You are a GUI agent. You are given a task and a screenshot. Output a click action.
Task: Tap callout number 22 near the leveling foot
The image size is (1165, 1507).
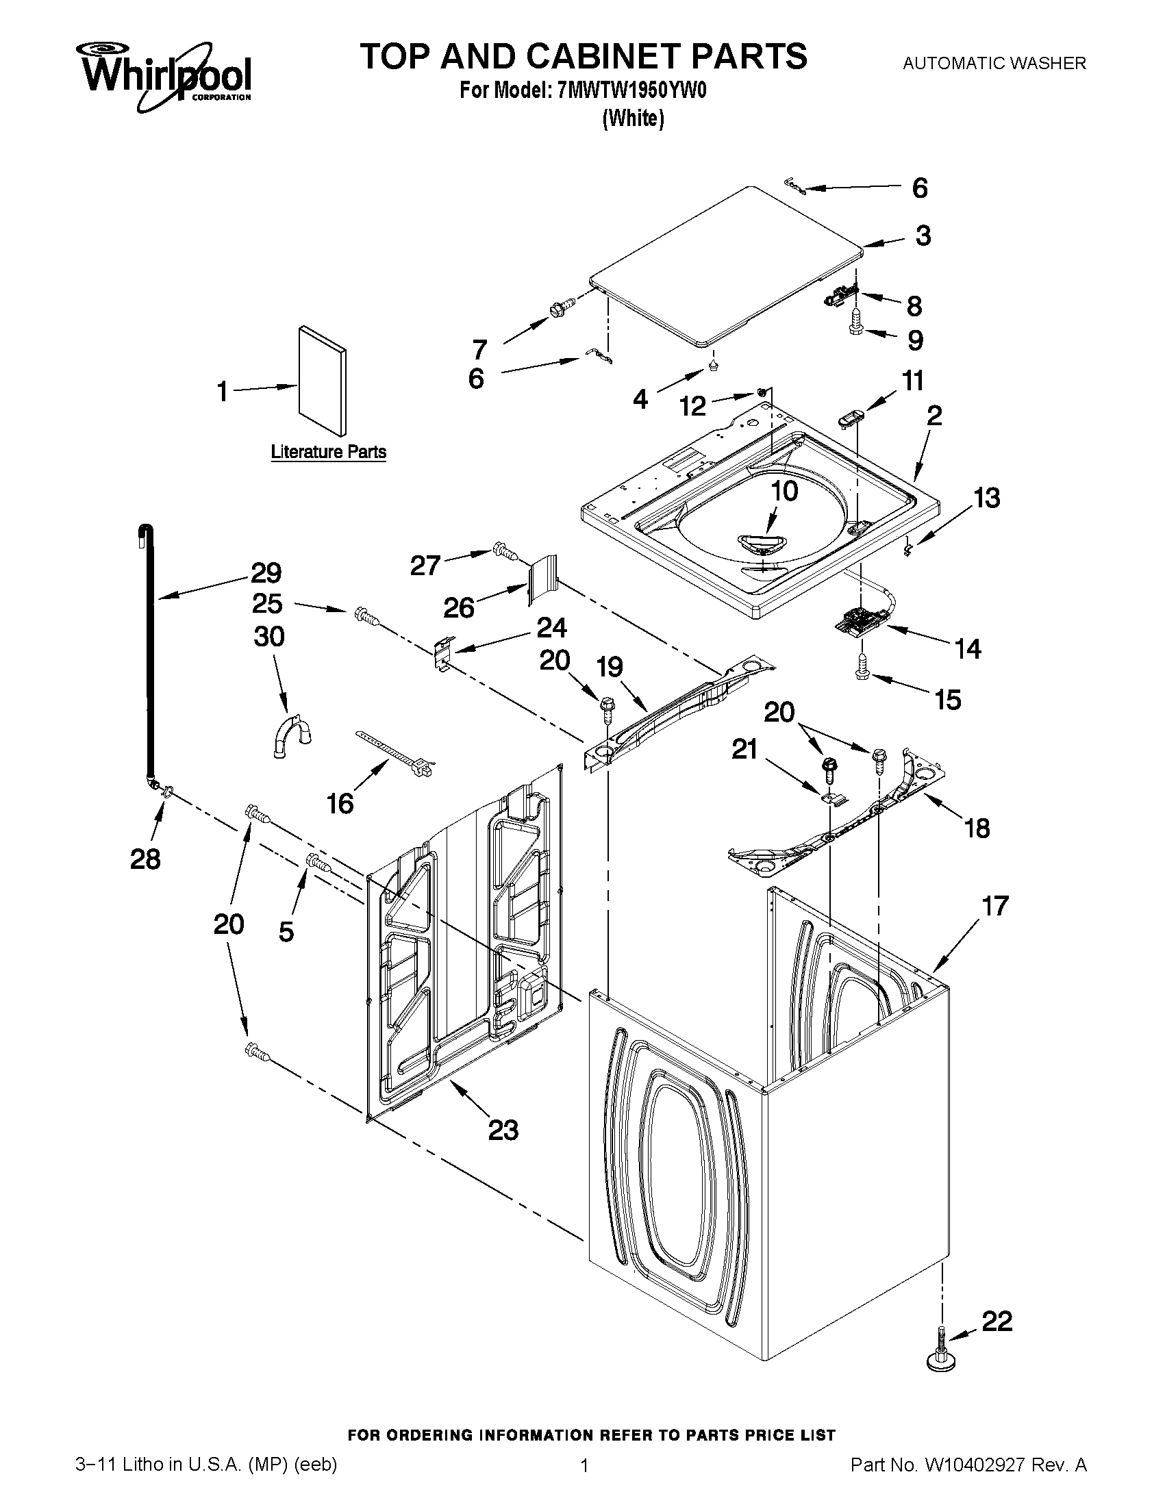[996, 1321]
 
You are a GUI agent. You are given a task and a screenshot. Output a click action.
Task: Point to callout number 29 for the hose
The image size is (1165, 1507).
[266, 572]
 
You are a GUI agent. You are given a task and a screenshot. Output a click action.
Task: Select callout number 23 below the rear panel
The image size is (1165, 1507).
[503, 1130]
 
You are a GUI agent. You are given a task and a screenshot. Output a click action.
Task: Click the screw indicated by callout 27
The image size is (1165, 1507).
[506, 551]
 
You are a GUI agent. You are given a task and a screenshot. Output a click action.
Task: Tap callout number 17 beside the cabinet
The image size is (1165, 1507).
[994, 905]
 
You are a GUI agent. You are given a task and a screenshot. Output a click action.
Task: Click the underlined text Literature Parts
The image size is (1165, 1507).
[328, 452]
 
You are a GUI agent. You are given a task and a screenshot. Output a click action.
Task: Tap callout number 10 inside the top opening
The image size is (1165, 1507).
[784, 491]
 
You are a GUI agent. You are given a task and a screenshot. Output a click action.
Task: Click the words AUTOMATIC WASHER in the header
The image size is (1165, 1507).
[994, 64]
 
